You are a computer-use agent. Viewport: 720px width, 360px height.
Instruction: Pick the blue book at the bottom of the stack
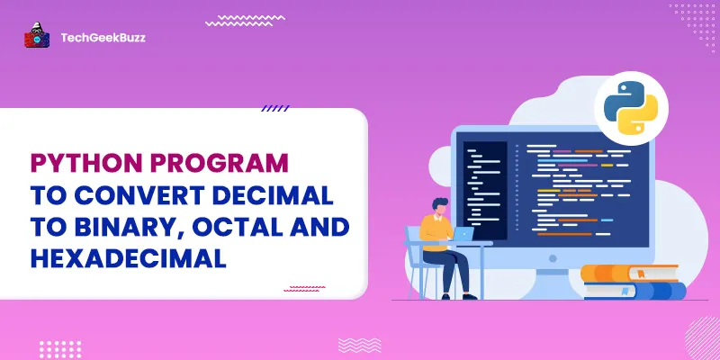(635, 291)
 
